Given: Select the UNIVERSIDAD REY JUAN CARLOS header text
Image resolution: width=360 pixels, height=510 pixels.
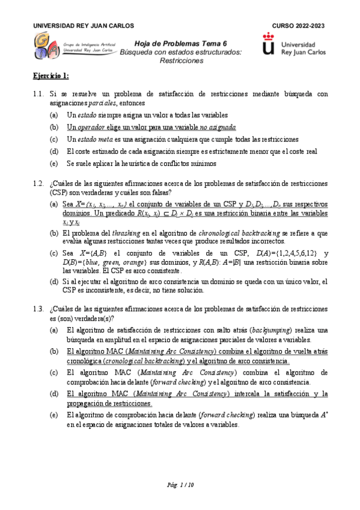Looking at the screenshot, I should pyautogui.click(x=83, y=26).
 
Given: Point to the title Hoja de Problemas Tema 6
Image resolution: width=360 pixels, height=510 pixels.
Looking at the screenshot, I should pyautogui.click(x=180, y=43).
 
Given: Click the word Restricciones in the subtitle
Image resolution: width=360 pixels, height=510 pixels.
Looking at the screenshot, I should pyautogui.click(x=180, y=61).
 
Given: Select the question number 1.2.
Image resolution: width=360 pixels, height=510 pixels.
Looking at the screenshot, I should pyautogui.click(x=38, y=183).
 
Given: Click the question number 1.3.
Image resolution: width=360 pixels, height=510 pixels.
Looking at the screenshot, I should pyautogui.click(x=38, y=309).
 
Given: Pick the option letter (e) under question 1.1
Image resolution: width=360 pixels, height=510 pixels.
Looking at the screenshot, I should pyautogui.click(x=54, y=163).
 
